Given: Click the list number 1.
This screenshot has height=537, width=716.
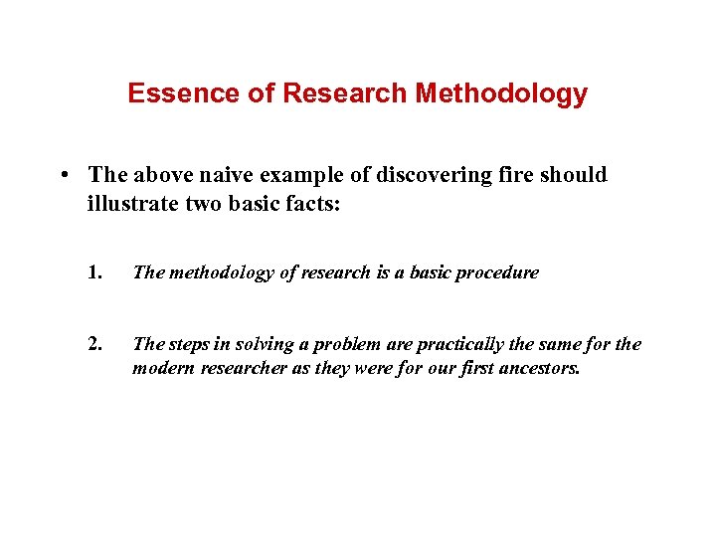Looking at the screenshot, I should (94, 272).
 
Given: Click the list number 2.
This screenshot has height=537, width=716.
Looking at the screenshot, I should (94, 344).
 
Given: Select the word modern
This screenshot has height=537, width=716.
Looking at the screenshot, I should (160, 368).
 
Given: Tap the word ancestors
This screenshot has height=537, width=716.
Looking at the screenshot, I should (539, 368).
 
